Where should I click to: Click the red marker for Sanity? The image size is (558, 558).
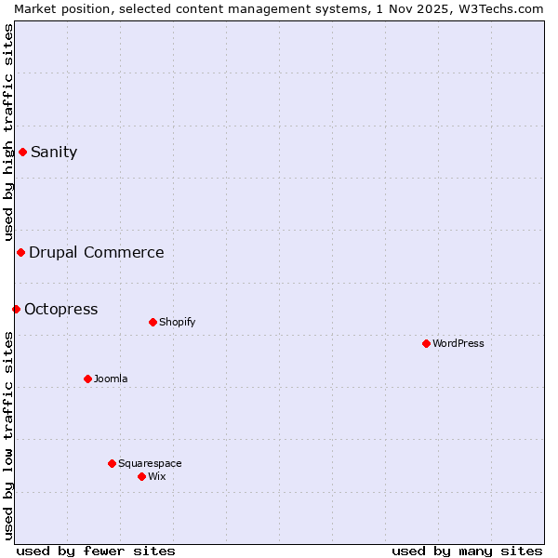(x=22, y=152)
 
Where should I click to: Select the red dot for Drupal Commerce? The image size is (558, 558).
(x=20, y=252)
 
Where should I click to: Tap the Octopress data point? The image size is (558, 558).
(x=16, y=309)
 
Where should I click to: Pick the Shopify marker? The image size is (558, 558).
(x=153, y=322)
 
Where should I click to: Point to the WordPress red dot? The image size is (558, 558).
(x=426, y=343)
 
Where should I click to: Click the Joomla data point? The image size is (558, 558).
(x=87, y=379)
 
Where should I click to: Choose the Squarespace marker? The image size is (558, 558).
(x=112, y=463)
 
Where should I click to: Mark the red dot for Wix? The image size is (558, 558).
(x=141, y=476)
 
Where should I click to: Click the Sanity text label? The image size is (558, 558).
(x=54, y=153)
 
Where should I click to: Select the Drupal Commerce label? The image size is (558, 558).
(x=97, y=252)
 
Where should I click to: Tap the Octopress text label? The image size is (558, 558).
(x=60, y=309)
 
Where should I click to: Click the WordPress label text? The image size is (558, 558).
(x=458, y=343)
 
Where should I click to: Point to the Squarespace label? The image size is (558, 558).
(x=150, y=463)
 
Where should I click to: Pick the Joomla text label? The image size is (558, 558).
(x=111, y=379)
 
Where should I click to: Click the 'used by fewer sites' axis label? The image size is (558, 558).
(x=96, y=551)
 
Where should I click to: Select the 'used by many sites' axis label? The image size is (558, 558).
(x=467, y=551)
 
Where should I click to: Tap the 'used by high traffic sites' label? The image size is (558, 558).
(x=8, y=133)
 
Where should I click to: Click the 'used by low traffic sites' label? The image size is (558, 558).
(x=8, y=435)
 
